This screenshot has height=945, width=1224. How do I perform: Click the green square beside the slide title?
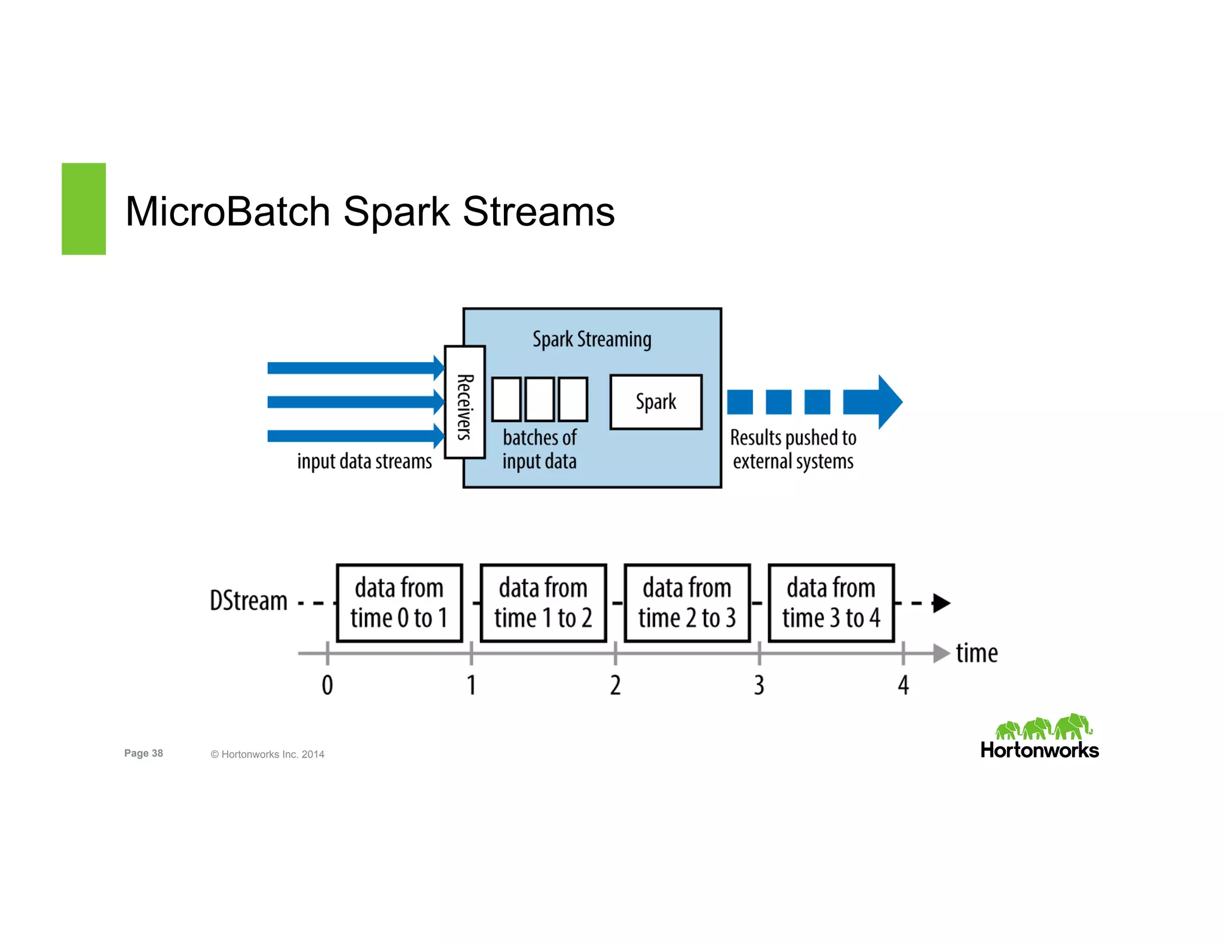[84, 208]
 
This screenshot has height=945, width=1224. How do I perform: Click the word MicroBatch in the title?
[228, 211]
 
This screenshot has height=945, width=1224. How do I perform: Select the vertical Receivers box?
[464, 402]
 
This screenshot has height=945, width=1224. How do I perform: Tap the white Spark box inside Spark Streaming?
[656, 402]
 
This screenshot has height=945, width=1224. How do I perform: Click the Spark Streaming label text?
[592, 339]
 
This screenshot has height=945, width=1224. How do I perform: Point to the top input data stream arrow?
[353, 368]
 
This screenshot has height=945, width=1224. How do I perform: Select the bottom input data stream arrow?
[353, 436]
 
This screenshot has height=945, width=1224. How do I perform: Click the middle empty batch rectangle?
[540, 399]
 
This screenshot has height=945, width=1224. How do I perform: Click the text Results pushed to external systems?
[793, 449]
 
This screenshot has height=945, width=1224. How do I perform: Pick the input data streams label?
[364, 462]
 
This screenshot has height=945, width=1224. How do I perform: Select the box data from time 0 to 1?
[399, 603]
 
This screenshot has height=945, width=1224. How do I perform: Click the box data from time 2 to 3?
[687, 603]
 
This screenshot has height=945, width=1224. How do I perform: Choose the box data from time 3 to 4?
[831, 603]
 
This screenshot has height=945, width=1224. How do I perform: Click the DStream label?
[249, 601]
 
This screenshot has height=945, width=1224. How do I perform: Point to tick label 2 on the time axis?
[615, 685]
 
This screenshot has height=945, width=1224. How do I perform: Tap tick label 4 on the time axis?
[903, 685]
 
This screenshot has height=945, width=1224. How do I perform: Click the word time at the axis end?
[977, 653]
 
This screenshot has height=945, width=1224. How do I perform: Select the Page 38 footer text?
[143, 753]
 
